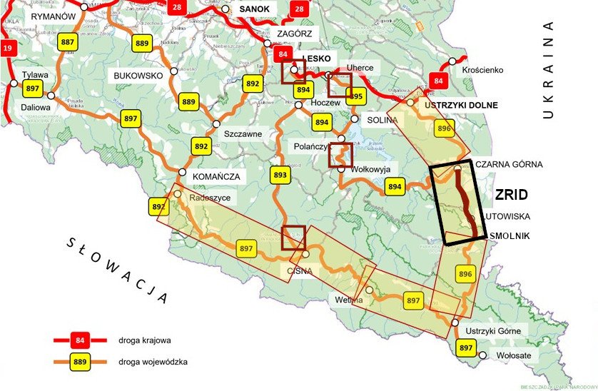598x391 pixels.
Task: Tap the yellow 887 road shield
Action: (x=69, y=42)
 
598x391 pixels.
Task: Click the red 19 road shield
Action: (x=8, y=49)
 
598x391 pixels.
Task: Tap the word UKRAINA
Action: (x=548, y=70)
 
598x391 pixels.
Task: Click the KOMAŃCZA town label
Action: (x=216, y=176)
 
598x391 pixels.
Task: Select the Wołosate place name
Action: (x=512, y=355)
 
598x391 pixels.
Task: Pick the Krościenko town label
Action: (x=482, y=70)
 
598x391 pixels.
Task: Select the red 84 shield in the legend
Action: (x=81, y=340)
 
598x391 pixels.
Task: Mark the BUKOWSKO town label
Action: (x=138, y=74)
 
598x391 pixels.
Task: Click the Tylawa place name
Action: (x=34, y=74)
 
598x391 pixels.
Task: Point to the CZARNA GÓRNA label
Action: (x=509, y=164)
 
